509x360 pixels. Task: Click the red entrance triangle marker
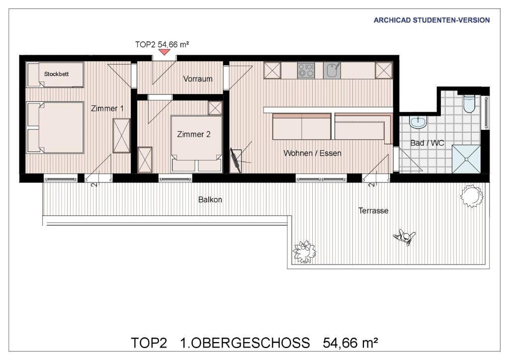[164, 52]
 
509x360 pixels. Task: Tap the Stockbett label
[57, 74]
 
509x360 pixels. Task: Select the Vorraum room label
[198, 79]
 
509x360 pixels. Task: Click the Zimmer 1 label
[107, 108]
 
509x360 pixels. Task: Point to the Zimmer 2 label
[194, 134]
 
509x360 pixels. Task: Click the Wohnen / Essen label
[312, 153]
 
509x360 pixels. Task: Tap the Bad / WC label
[427, 143]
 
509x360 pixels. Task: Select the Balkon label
[210, 199]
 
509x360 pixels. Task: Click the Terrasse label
[373, 211]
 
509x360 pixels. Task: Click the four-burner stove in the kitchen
[306, 71]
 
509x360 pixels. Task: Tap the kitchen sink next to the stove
[332, 71]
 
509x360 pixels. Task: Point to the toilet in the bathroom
[469, 103]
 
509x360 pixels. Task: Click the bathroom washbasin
[418, 122]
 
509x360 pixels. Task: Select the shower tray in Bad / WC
[466, 159]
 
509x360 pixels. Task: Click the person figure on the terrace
[404, 237]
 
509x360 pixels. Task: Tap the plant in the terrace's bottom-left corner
[304, 252]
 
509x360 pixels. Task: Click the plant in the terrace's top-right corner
[472, 196]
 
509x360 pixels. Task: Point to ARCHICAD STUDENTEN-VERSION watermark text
[431, 20]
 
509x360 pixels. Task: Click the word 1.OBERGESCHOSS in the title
[245, 343]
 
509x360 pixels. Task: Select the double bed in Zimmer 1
[55, 127]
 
